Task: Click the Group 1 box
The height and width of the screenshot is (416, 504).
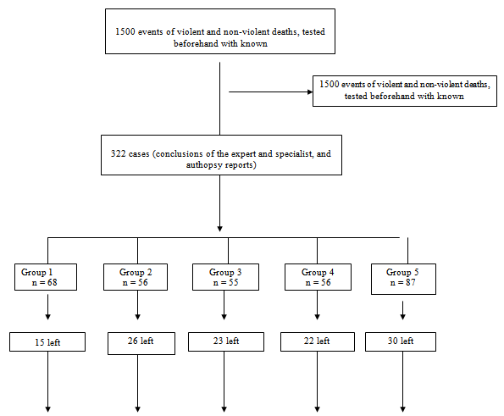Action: click(46, 277)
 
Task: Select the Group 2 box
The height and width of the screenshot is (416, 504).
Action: click(136, 277)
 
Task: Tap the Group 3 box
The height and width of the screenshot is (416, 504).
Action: click(225, 277)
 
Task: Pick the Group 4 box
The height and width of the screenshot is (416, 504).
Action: click(318, 277)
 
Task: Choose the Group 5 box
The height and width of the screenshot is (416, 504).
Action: click(403, 279)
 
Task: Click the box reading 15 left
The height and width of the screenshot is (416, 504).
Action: click(47, 341)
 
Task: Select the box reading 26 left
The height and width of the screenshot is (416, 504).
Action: click(141, 343)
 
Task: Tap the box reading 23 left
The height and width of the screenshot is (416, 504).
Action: click(226, 341)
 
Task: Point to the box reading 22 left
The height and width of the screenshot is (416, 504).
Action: click(318, 341)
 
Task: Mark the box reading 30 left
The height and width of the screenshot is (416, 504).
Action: click(401, 341)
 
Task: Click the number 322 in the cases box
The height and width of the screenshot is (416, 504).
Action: click(118, 153)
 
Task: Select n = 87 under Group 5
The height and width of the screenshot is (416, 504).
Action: click(402, 283)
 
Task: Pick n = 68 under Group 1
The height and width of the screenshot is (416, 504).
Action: click(45, 283)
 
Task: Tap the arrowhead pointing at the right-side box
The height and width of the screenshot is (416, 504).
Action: click(310, 92)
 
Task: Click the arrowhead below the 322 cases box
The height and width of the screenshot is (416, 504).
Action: click(220, 229)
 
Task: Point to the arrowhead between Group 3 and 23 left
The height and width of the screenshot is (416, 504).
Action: click(224, 317)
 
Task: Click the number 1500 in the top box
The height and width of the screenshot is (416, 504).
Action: click(125, 32)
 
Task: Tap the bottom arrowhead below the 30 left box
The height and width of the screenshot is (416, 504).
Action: click(402, 409)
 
